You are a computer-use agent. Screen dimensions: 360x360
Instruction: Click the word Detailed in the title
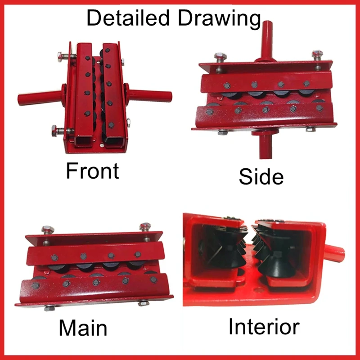[x=128, y=18]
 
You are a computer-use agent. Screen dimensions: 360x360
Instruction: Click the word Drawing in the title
[x=219, y=19]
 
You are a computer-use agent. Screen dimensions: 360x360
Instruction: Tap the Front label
[x=92, y=171]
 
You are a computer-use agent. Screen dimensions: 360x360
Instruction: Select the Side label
[x=261, y=176]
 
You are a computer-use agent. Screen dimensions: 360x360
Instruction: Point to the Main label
[x=83, y=328]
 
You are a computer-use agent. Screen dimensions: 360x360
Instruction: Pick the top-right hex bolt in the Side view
[x=317, y=55]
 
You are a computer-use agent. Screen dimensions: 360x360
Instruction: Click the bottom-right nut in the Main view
[x=144, y=303]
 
